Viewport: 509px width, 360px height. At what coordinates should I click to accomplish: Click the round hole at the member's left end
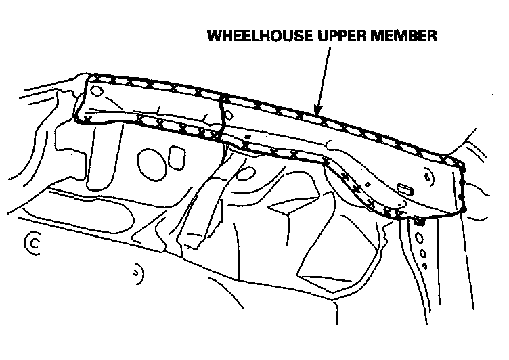tap(97, 89)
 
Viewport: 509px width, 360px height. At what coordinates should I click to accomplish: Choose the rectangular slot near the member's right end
tap(406, 189)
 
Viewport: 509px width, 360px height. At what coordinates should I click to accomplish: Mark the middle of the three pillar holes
tap(422, 253)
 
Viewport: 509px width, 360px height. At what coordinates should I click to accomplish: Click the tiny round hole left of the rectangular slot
tap(367, 183)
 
